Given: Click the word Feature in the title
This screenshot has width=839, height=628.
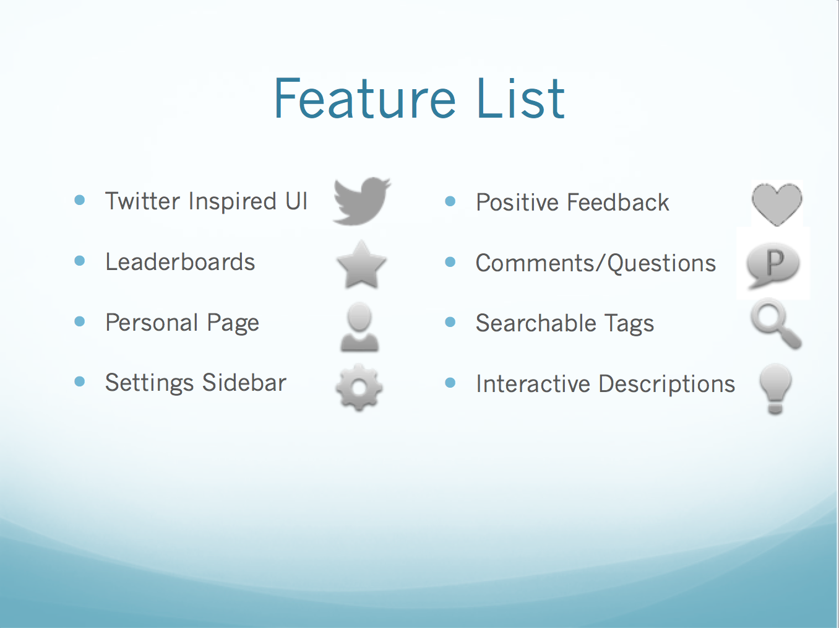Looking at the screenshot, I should point(364,98).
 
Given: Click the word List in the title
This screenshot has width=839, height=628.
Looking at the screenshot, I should point(520,98).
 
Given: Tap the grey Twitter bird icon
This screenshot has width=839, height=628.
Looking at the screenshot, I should point(361,201).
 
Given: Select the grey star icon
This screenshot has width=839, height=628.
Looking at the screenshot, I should point(361,265).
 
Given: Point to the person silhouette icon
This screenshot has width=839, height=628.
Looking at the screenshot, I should point(359,327).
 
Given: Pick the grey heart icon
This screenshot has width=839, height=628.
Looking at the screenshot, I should point(777,204).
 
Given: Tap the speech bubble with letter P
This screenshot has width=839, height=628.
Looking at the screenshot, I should point(773,265).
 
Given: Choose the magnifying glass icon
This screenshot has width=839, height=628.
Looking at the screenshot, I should point(775,323).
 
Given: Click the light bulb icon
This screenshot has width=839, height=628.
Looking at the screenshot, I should point(775,388).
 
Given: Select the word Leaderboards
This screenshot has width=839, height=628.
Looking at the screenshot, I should point(180,262).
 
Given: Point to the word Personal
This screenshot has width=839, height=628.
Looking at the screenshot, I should point(152,323).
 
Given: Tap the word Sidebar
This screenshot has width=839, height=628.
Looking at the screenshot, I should point(244,383).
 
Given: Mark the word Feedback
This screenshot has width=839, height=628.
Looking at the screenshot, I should point(617,203).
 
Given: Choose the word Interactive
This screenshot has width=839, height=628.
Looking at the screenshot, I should point(533,384).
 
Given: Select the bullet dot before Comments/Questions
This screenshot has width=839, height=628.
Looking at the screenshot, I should point(450,262).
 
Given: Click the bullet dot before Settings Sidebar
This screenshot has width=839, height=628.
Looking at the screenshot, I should point(79,382).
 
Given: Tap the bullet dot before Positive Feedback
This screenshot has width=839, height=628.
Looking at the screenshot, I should point(450,201).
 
